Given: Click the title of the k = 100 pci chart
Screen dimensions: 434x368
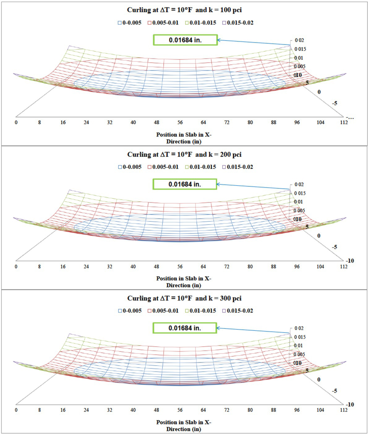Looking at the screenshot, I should click(184, 10).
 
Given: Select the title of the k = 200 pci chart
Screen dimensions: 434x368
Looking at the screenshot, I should click(184, 154).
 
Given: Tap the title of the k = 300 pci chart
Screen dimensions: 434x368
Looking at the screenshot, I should click(184, 298).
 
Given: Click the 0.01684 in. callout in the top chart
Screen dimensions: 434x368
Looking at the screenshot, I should click(185, 40).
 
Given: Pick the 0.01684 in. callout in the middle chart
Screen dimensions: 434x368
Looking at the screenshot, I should click(185, 184).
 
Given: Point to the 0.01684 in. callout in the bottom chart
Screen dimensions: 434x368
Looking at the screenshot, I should click(185, 328).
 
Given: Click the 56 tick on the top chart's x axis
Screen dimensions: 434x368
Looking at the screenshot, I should click(180, 123).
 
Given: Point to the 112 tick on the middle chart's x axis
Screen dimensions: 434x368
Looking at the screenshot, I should click(344, 267).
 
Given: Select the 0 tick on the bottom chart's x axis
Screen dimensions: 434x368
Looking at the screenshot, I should click(16, 410).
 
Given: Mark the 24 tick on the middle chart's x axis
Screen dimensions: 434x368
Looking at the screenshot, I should click(86, 267).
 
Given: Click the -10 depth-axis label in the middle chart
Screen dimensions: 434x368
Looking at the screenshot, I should click(350, 261).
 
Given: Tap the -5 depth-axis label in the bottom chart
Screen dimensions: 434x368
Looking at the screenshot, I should click(334, 391).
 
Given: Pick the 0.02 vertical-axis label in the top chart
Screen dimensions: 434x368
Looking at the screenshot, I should click(299, 40).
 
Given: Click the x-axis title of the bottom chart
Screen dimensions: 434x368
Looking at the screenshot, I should click(184, 426).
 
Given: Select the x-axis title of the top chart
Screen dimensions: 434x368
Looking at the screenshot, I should click(184, 138).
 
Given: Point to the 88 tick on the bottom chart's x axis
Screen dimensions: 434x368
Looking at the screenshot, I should click(273, 410).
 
